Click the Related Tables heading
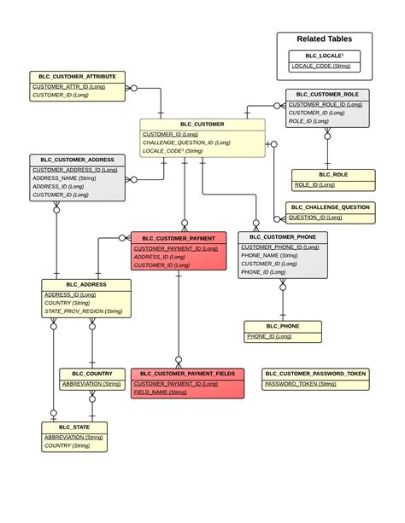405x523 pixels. (324, 38)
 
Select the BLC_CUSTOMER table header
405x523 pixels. (202, 124)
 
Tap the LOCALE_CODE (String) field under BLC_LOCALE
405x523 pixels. (321, 66)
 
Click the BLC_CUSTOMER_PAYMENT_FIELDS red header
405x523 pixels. (187, 374)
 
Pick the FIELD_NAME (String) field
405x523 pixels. (161, 392)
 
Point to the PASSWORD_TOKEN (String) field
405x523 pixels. (300, 384)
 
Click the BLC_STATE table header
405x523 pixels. (75, 427)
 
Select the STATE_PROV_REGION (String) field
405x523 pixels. (83, 311)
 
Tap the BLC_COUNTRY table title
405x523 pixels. (92, 374)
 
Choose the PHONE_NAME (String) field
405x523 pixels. (269, 255)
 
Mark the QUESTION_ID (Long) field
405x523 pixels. (316, 218)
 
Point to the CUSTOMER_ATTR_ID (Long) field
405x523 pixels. (69, 86)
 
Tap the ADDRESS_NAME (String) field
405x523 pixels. (65, 178)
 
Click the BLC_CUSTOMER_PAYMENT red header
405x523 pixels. (179, 238)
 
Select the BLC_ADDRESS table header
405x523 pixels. (86, 284)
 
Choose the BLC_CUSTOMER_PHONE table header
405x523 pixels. (283, 236)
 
